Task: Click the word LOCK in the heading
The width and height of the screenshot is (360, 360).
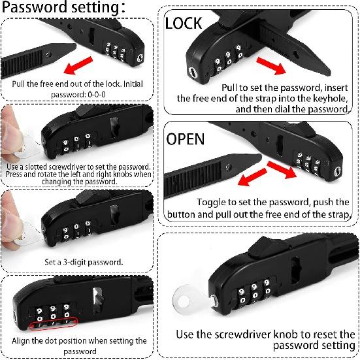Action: (x=184, y=23)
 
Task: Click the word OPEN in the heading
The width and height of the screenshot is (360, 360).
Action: (x=185, y=139)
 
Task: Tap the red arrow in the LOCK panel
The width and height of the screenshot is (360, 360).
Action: (x=271, y=66)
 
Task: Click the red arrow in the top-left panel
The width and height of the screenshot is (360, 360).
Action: (x=78, y=65)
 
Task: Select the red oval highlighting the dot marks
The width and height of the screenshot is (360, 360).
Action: (x=54, y=323)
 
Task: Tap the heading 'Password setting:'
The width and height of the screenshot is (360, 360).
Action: (x=63, y=7)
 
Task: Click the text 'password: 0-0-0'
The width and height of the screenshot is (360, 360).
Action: (x=78, y=95)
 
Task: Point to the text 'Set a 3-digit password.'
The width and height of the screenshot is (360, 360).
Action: (x=84, y=262)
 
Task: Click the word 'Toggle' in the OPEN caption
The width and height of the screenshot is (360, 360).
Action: (x=211, y=203)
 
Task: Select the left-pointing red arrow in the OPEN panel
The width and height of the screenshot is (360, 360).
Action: (x=253, y=177)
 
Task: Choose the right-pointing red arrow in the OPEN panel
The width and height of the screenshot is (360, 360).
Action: (x=282, y=170)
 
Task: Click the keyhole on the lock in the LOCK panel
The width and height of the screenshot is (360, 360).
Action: (x=193, y=73)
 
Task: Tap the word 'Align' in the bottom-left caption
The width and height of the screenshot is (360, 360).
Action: (x=21, y=341)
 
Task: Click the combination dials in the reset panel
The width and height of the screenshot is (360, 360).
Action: (x=254, y=291)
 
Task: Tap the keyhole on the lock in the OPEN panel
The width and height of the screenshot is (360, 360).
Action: (x=337, y=171)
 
